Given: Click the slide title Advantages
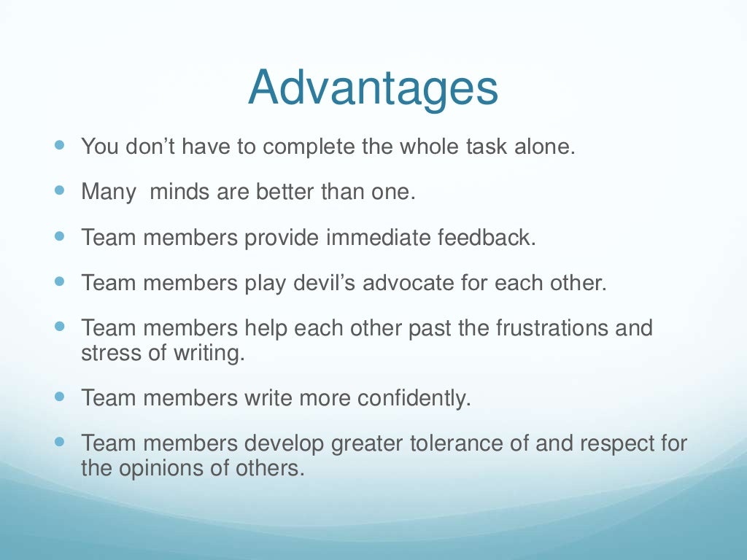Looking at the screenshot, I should tap(373, 88).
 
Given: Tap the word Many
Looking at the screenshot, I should tap(109, 192).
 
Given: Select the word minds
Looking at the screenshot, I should tap(181, 192).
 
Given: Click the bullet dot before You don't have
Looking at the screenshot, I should tap(60, 144).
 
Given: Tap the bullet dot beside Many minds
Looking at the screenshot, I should tap(60, 190).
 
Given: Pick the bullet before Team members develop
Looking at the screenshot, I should tap(60, 441).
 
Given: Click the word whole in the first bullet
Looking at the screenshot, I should tap(433, 147).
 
